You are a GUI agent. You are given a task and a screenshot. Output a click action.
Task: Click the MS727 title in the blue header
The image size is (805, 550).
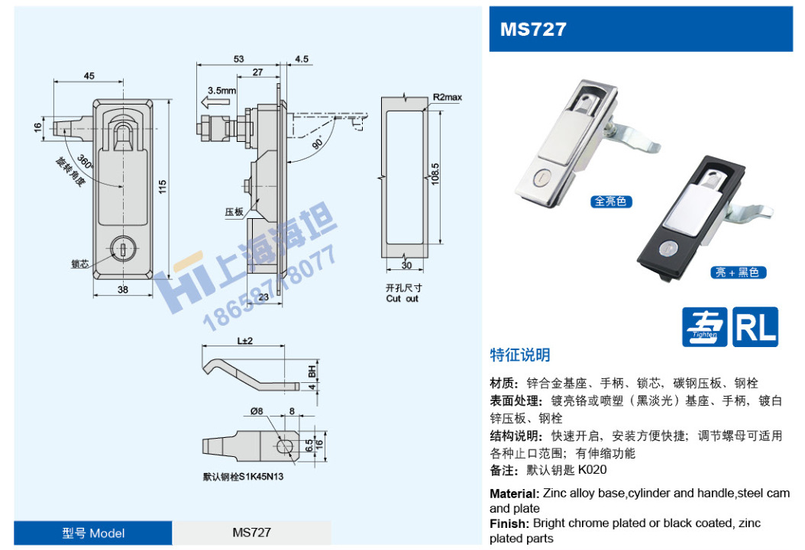tap(533, 29)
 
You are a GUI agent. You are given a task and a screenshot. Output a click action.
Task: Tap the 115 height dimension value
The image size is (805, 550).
tap(163, 188)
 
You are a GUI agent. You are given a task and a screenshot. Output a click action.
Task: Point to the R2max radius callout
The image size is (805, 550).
tap(448, 98)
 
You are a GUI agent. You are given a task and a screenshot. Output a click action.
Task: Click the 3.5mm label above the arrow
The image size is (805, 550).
tap(221, 90)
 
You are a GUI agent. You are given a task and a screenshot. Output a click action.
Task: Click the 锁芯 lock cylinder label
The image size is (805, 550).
tap(80, 264)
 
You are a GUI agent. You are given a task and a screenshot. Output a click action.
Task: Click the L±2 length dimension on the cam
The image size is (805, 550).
tap(244, 339)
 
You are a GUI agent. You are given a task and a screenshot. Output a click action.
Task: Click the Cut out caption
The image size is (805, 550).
tap(402, 298)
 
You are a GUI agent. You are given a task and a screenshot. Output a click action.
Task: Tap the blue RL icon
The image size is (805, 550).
tap(755, 326)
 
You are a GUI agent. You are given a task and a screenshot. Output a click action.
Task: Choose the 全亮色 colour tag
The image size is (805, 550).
tap(610, 201)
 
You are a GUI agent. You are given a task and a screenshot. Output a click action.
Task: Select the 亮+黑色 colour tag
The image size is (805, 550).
tap(737, 272)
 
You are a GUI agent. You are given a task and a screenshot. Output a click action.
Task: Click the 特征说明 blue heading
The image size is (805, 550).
tap(519, 355)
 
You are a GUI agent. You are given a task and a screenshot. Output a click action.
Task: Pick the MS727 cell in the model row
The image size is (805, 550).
tap(252, 532)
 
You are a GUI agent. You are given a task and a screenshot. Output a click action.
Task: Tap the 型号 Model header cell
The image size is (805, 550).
tap(93, 532)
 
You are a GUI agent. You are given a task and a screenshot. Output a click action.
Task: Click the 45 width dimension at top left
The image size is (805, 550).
tap(89, 76)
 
